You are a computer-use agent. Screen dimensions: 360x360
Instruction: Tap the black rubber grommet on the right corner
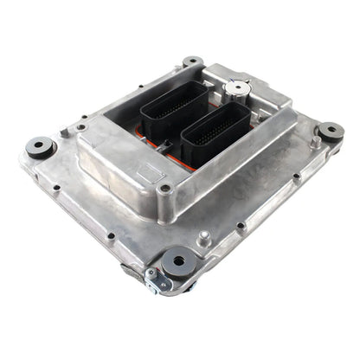pyautogui.click(x=331, y=132)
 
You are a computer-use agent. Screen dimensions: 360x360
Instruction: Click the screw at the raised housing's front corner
pyautogui.click(x=164, y=188)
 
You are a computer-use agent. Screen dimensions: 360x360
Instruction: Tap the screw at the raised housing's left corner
pyautogui.click(x=80, y=128)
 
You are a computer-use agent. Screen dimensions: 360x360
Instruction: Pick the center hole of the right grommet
pyautogui.click(x=331, y=130)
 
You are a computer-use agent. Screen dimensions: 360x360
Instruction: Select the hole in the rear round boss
pyautogui.click(x=192, y=61)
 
